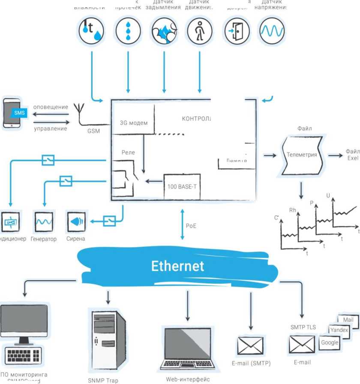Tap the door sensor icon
point(237,31)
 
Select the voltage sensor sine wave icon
point(272,31)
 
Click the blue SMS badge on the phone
point(19,113)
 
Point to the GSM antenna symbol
point(79,112)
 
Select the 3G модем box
point(134,123)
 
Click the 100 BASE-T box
point(182,186)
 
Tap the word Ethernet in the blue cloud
point(177,266)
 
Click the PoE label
point(191,225)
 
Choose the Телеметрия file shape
point(302,155)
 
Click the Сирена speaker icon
point(76,222)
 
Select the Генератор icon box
point(44,222)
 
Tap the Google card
point(330,343)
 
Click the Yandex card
point(339,330)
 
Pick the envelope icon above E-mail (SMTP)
point(250,345)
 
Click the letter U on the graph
point(328,196)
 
